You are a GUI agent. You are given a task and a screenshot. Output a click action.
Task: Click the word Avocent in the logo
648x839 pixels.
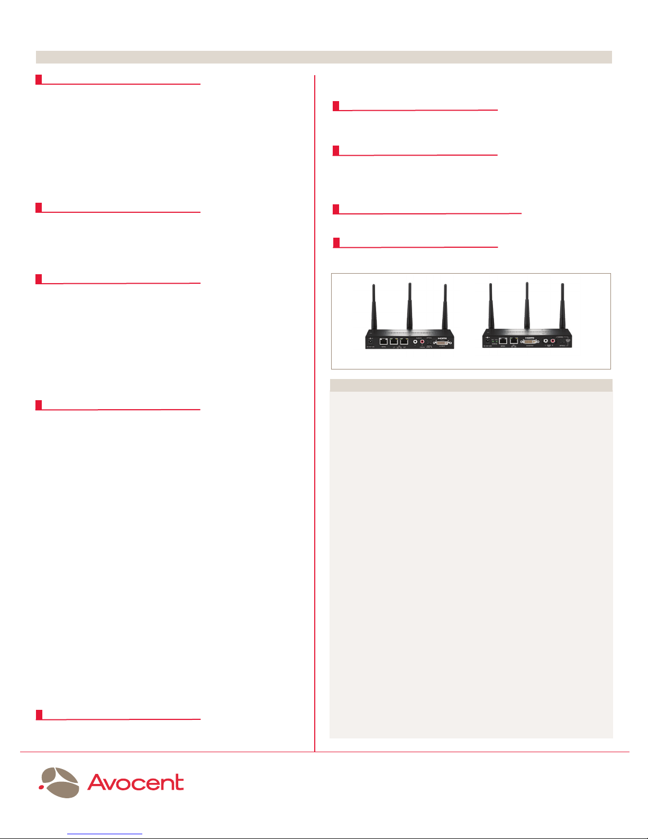pyautogui.click(x=136, y=782)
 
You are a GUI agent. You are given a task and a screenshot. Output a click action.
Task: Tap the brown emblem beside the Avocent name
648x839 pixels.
pyautogui.click(x=61, y=781)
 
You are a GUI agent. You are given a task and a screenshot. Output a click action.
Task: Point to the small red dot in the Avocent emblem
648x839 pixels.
pyautogui.click(x=40, y=787)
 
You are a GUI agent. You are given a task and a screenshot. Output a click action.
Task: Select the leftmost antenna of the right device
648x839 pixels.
pyautogui.click(x=491, y=306)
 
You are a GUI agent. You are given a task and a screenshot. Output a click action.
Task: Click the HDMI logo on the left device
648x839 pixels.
pyautogui.click(x=442, y=338)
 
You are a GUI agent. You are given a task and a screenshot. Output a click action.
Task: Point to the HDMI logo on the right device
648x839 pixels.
pyautogui.click(x=530, y=337)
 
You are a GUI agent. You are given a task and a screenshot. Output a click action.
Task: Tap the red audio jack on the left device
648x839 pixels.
pyautogui.click(x=422, y=342)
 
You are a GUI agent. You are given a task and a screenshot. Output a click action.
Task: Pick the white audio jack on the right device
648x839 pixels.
pyautogui.click(x=545, y=341)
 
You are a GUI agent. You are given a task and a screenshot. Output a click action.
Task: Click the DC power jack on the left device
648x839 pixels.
pyautogui.click(x=371, y=341)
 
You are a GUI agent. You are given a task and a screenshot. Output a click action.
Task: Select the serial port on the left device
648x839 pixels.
pyautogui.click(x=384, y=342)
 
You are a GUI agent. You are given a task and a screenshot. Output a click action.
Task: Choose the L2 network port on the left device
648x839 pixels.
pyautogui.click(x=404, y=342)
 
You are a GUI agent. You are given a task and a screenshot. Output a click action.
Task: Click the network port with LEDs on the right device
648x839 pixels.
pyautogui.click(x=514, y=341)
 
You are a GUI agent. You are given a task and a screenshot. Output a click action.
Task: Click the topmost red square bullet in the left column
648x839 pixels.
pyautogui.click(x=39, y=79)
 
